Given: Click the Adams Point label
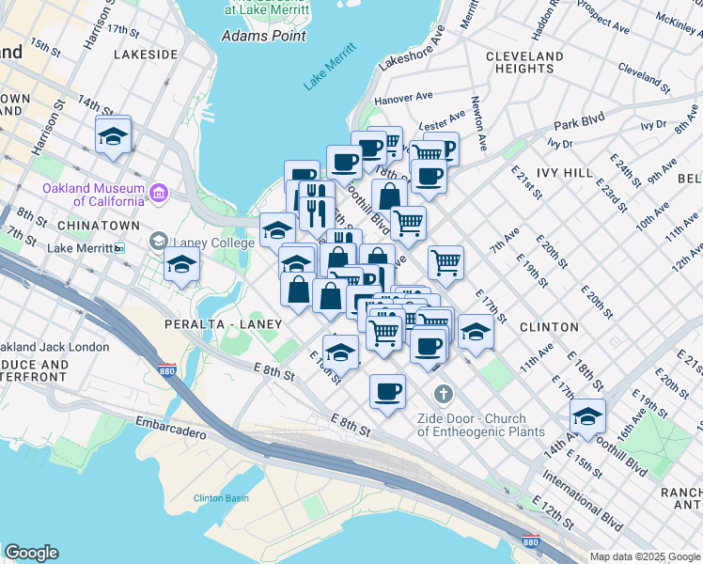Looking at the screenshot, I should click(263, 36).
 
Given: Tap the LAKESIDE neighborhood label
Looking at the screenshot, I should click(145, 55).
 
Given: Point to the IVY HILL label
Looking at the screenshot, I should click(564, 173).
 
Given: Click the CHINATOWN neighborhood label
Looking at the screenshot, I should click(92, 227).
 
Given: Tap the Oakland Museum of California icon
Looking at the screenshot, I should click(159, 195).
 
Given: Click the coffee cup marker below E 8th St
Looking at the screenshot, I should click(386, 391).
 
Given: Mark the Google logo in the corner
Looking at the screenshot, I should click(31, 553).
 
